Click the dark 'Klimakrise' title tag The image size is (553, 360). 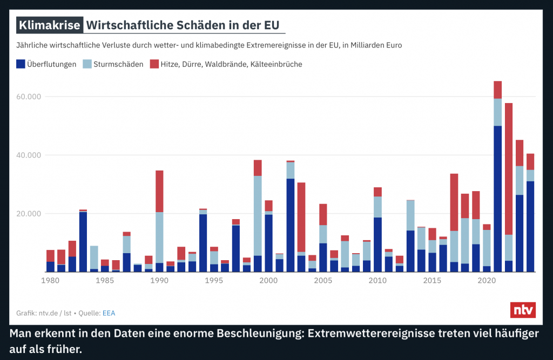tap(50, 25)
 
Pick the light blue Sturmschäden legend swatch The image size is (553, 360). tap(87, 64)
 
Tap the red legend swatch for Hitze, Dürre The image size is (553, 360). tap(154, 64)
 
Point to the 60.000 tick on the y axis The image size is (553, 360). tap(29, 97)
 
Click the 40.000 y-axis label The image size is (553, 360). tap(29, 155)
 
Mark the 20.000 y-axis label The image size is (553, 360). tap(29, 213)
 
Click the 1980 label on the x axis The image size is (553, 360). tap(50, 281)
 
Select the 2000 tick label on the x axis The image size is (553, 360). tap(268, 281)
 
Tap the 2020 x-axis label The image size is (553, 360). tap(487, 281)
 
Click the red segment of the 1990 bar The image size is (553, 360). tap(159, 191)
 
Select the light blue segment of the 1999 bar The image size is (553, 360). tap(258, 215)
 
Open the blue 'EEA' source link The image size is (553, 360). tap(110, 313)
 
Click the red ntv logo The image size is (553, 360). tap(523, 310)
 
